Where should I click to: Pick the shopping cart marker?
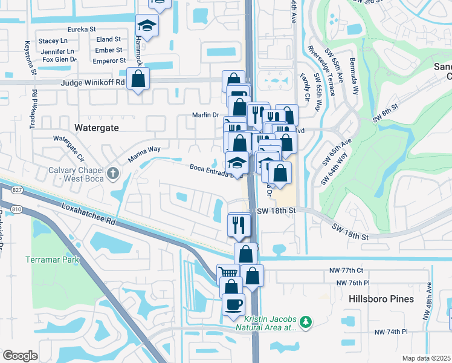[x=228, y=273]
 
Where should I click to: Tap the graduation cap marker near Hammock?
[x=146, y=26]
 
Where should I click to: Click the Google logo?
[x=20, y=356]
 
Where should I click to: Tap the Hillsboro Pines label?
[x=381, y=299]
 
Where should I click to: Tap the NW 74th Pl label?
[x=391, y=332]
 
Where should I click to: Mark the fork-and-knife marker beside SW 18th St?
[x=239, y=225]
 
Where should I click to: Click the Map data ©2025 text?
[x=426, y=358]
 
